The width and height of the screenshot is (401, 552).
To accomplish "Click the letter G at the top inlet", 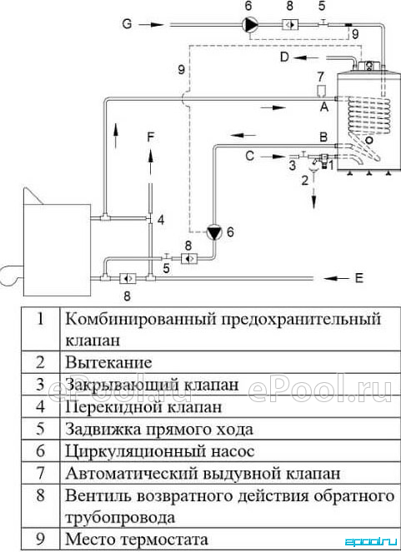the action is [127, 24].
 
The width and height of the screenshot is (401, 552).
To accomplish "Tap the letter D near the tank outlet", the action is [284, 57].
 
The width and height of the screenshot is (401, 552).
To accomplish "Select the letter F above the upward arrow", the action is [150, 137].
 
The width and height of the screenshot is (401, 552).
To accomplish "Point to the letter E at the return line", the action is [358, 278].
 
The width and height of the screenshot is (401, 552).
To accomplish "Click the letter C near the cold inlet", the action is [249, 156].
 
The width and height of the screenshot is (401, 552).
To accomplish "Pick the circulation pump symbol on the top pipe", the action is [251, 24].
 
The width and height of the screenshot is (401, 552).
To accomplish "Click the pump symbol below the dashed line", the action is [214, 232].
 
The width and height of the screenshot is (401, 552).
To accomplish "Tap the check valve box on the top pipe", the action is [290, 24].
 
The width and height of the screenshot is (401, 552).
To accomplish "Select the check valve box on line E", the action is [128, 278].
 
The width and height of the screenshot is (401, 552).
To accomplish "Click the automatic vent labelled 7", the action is [321, 91].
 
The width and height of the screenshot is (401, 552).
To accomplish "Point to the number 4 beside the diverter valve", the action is [161, 220].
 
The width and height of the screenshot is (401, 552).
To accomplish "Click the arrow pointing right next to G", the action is [151, 25].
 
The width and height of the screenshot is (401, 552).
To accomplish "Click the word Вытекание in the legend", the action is [109, 363].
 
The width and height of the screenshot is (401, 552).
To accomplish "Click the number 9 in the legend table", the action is [41, 539].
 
